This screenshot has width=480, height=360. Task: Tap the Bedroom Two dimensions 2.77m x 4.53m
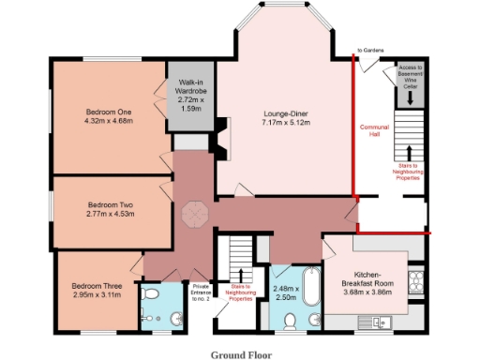tap(111, 214)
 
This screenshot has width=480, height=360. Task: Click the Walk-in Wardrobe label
tap(191, 87)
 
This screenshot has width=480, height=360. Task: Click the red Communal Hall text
tap(373, 129)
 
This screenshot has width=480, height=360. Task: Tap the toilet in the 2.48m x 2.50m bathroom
tap(291, 321)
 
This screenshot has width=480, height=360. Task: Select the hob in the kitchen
tap(418, 278)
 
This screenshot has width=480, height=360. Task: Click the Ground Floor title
tap(239, 353)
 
